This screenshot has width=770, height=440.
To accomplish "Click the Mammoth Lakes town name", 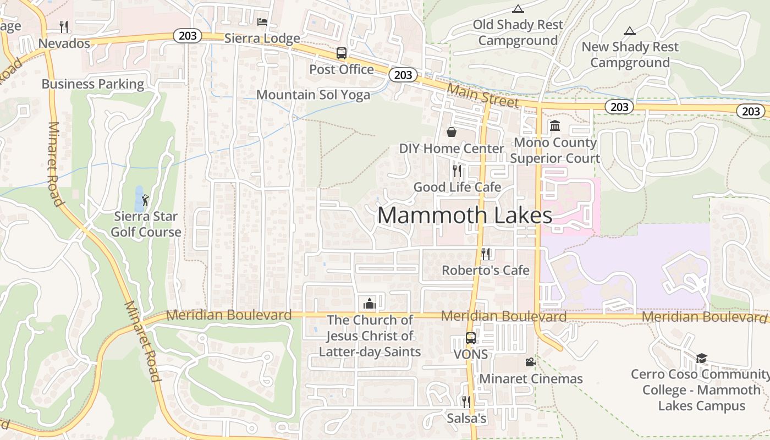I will coord(465,215).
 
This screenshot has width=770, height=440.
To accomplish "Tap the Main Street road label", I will coord(483,96).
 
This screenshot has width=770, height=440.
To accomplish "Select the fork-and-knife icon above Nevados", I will coord(64,26).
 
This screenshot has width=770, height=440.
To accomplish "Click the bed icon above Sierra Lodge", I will coord(262,22).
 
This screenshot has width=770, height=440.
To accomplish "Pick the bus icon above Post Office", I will coord(342,53).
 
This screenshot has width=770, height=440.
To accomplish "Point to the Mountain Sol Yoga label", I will coord(313,95).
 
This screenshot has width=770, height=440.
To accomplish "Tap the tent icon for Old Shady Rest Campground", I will coord(518,9).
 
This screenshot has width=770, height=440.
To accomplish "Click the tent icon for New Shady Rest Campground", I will coord(630,31).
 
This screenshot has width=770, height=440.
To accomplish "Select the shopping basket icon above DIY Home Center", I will coord(452,132).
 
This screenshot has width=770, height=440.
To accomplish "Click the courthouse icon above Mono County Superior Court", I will coord(555,126).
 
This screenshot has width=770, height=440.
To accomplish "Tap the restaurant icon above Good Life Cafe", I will coord(457,170).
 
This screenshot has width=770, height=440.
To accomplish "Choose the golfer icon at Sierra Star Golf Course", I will coord(145,200).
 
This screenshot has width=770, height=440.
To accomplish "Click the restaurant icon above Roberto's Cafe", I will coord(486,254).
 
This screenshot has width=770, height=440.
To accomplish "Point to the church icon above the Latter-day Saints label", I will coord(369,304).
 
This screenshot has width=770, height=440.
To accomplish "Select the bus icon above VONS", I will coord(471,338).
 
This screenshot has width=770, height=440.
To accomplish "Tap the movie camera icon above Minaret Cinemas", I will coord(530,362).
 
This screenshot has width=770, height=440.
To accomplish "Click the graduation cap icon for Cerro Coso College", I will coord(701,359).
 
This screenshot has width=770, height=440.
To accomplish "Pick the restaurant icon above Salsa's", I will coord(466,402).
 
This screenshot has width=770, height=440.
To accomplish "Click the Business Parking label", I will coord(93,84).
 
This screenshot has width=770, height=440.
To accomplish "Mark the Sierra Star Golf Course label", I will coord(146,224).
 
